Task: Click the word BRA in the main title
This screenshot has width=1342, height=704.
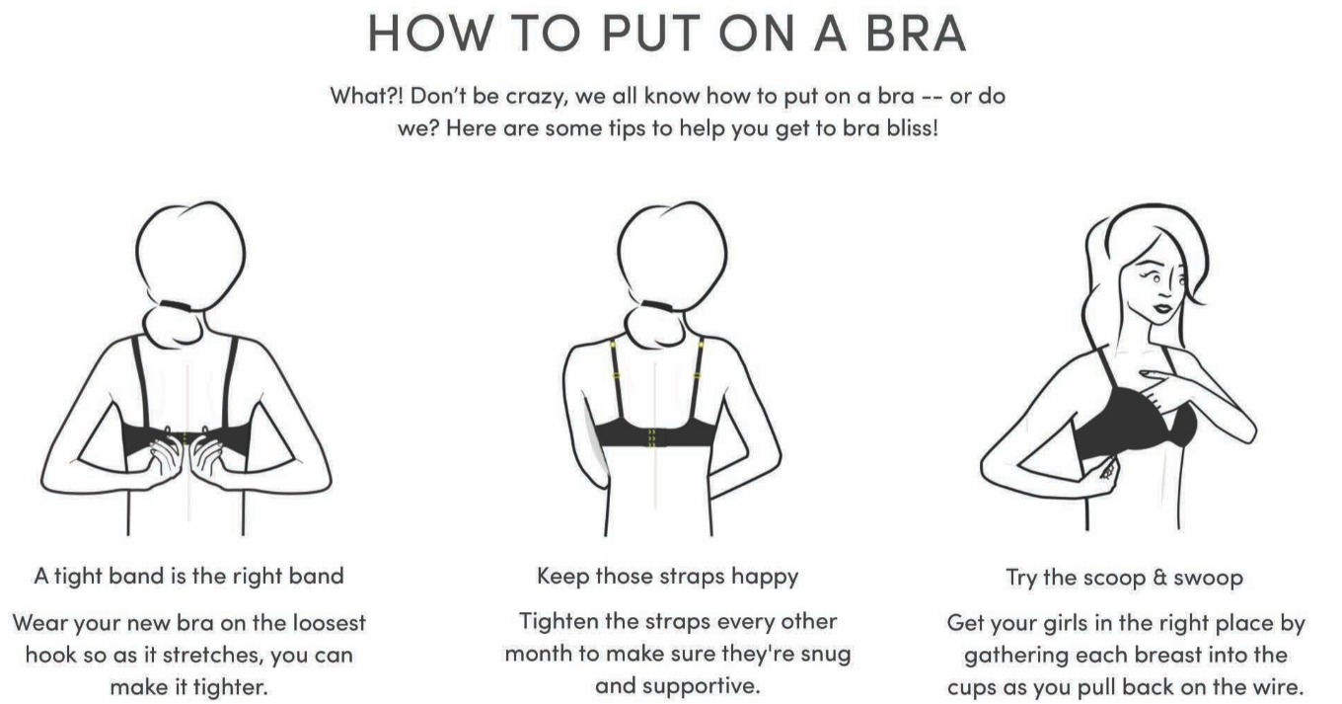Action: (x=916, y=33)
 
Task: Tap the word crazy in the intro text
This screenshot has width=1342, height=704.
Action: (x=536, y=97)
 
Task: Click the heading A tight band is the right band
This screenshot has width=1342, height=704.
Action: (x=189, y=576)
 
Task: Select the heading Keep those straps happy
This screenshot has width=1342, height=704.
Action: (x=667, y=577)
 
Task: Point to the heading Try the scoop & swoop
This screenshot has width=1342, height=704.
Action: (x=1125, y=578)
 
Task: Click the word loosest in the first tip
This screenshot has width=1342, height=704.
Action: (x=329, y=622)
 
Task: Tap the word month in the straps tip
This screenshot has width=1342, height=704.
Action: (x=539, y=653)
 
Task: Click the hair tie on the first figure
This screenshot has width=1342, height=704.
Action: (x=176, y=306)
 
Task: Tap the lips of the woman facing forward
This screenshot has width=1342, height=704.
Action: (x=1162, y=308)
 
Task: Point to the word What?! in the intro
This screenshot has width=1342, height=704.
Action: (x=367, y=96)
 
